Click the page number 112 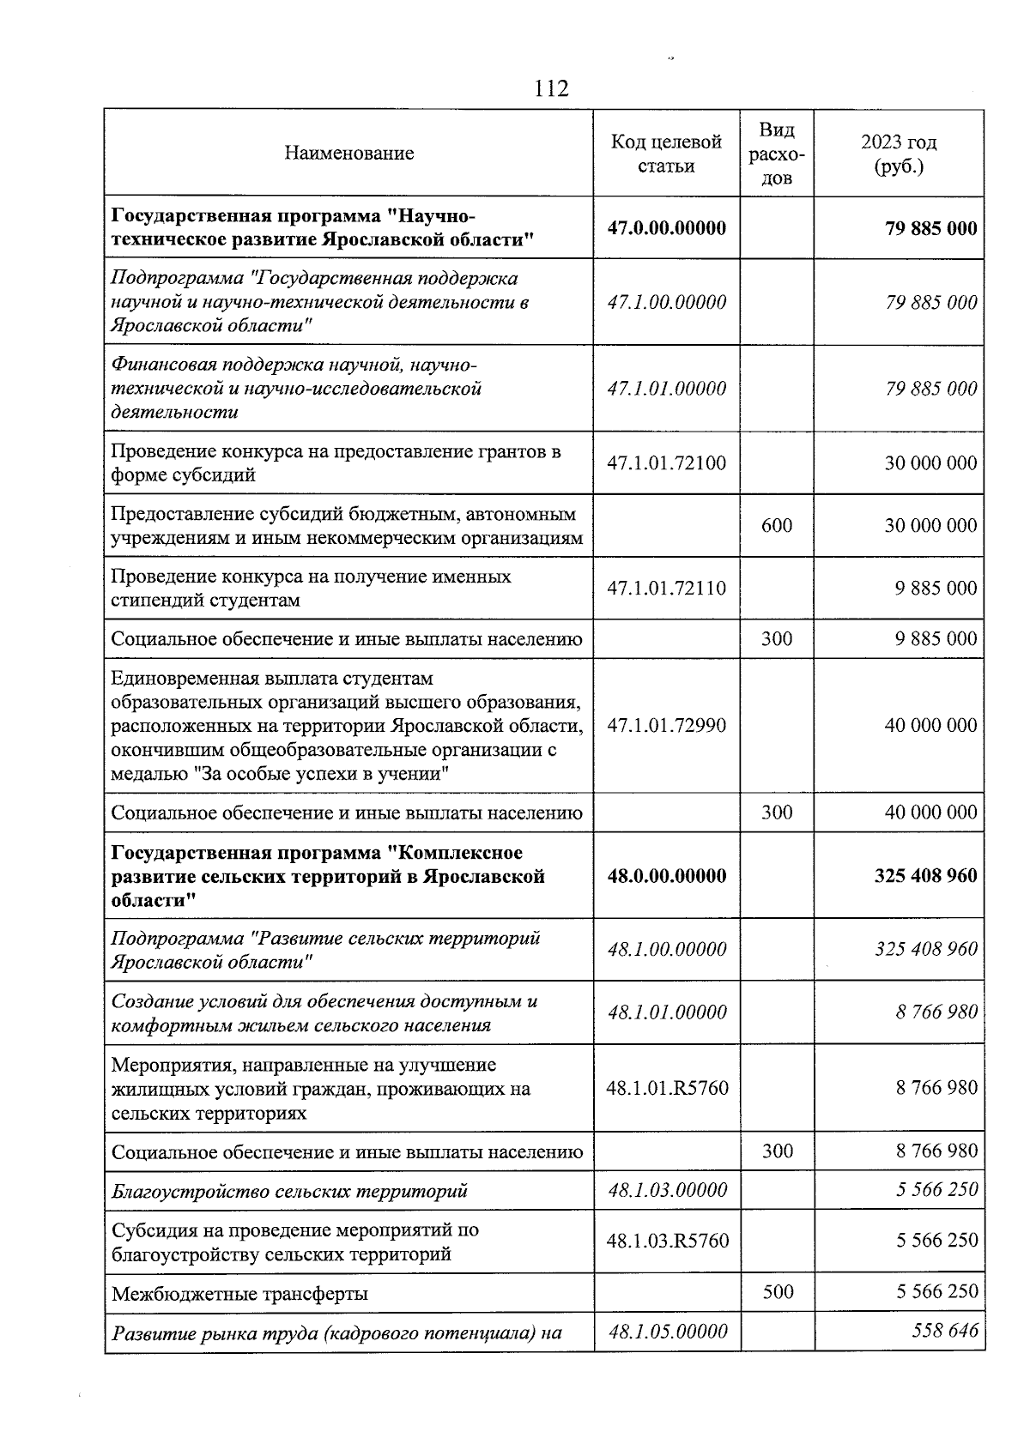551,88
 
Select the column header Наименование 349,154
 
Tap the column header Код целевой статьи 666,154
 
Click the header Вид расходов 777,154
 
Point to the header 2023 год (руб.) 899,154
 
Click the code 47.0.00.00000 666,228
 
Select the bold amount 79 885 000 930,228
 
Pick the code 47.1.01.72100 666,463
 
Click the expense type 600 777,526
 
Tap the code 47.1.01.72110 666,589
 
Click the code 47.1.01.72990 666,726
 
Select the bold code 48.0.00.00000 666,876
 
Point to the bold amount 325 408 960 925,876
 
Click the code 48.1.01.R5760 667,1088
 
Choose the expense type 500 778,1291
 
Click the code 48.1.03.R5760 667,1241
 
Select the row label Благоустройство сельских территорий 289,1191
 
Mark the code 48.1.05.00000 667,1332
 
